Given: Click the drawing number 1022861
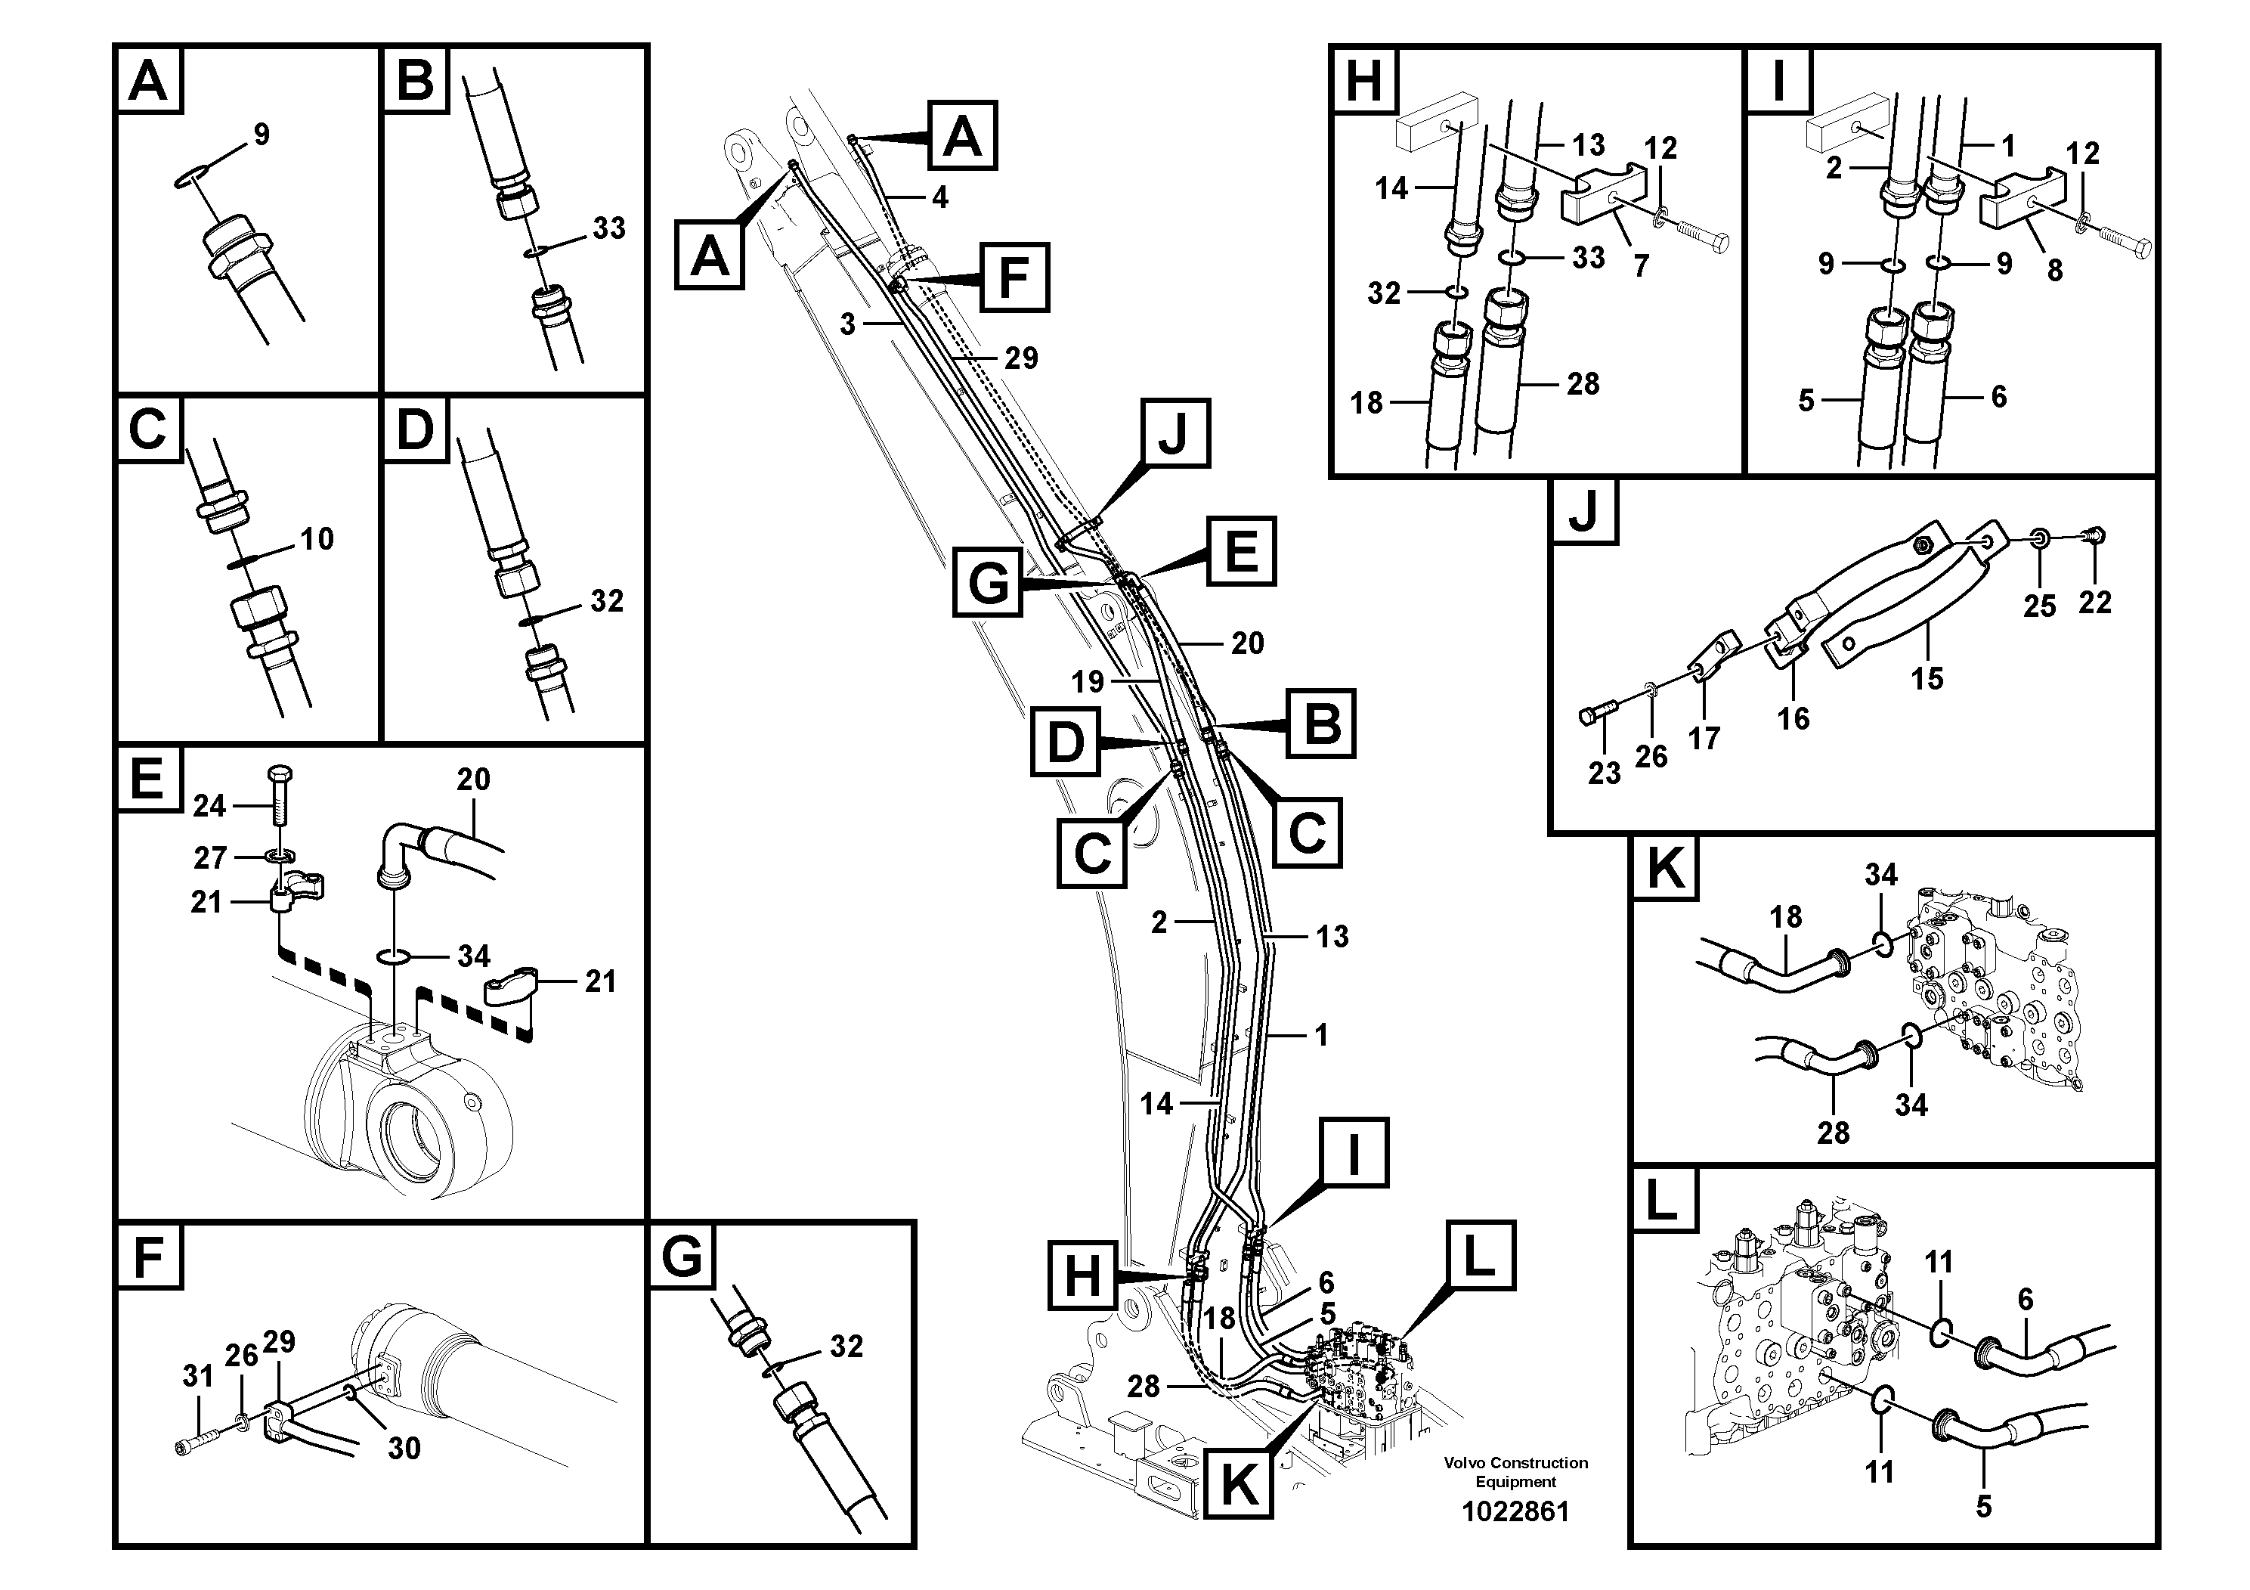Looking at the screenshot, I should [1515, 1511].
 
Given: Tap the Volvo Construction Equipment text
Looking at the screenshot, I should [1515, 1471].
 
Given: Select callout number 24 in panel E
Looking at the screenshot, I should [209, 806].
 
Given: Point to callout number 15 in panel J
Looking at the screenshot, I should [1927, 677].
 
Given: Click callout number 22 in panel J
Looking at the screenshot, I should [2094, 601].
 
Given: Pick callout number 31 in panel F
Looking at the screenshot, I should [198, 1376].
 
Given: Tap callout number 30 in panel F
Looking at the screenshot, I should [404, 1447].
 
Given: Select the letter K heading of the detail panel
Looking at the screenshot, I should [1666, 869].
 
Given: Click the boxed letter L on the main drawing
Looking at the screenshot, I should [1478, 1256].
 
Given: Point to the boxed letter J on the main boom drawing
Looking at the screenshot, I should [1172, 433].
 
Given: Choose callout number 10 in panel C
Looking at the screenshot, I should [317, 538].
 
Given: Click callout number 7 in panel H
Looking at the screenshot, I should [1641, 265].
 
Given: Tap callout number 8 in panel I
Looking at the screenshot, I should [2055, 270].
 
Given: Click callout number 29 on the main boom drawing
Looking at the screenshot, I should [1021, 358].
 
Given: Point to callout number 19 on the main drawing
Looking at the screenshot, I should [1088, 681].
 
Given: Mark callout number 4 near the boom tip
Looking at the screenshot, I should [939, 197].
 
